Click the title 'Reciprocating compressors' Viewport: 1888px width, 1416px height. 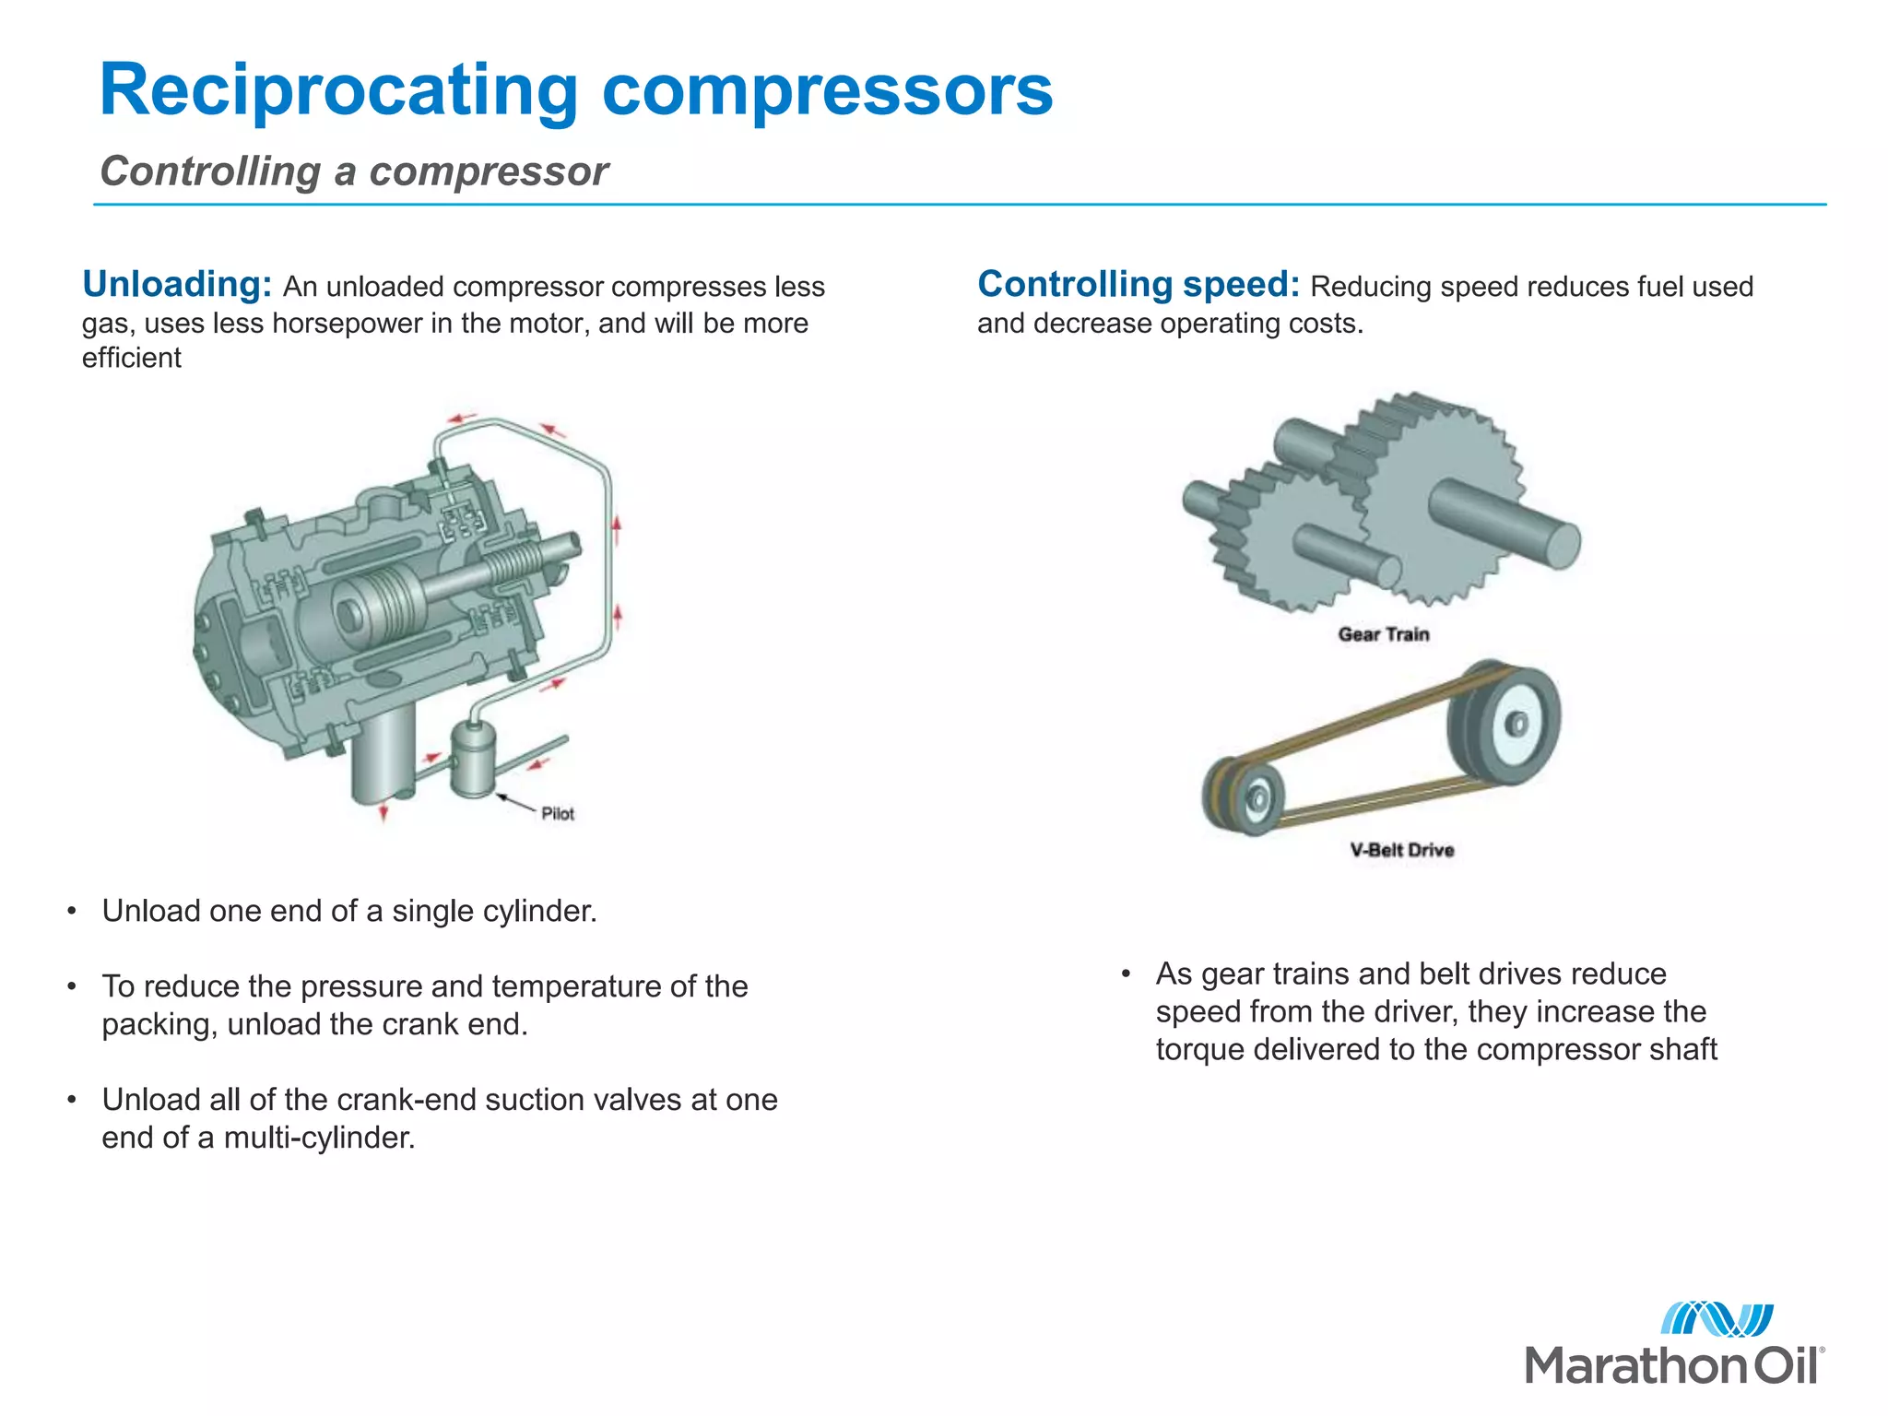click(x=576, y=89)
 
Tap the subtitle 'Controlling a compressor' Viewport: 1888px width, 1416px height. click(x=354, y=171)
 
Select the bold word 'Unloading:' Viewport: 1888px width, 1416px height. click(x=177, y=284)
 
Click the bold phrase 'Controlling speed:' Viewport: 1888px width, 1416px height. click(x=1139, y=284)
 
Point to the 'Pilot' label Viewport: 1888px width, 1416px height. click(x=558, y=813)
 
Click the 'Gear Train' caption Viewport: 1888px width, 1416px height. click(x=1384, y=634)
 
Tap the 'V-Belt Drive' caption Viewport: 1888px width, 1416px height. click(x=1402, y=850)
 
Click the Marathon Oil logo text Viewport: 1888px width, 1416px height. click(x=1673, y=1365)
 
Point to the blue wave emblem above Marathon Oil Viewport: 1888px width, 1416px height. click(x=1717, y=1319)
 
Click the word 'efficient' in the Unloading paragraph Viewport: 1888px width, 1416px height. click(x=132, y=358)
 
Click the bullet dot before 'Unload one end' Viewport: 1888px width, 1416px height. click(x=71, y=912)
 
